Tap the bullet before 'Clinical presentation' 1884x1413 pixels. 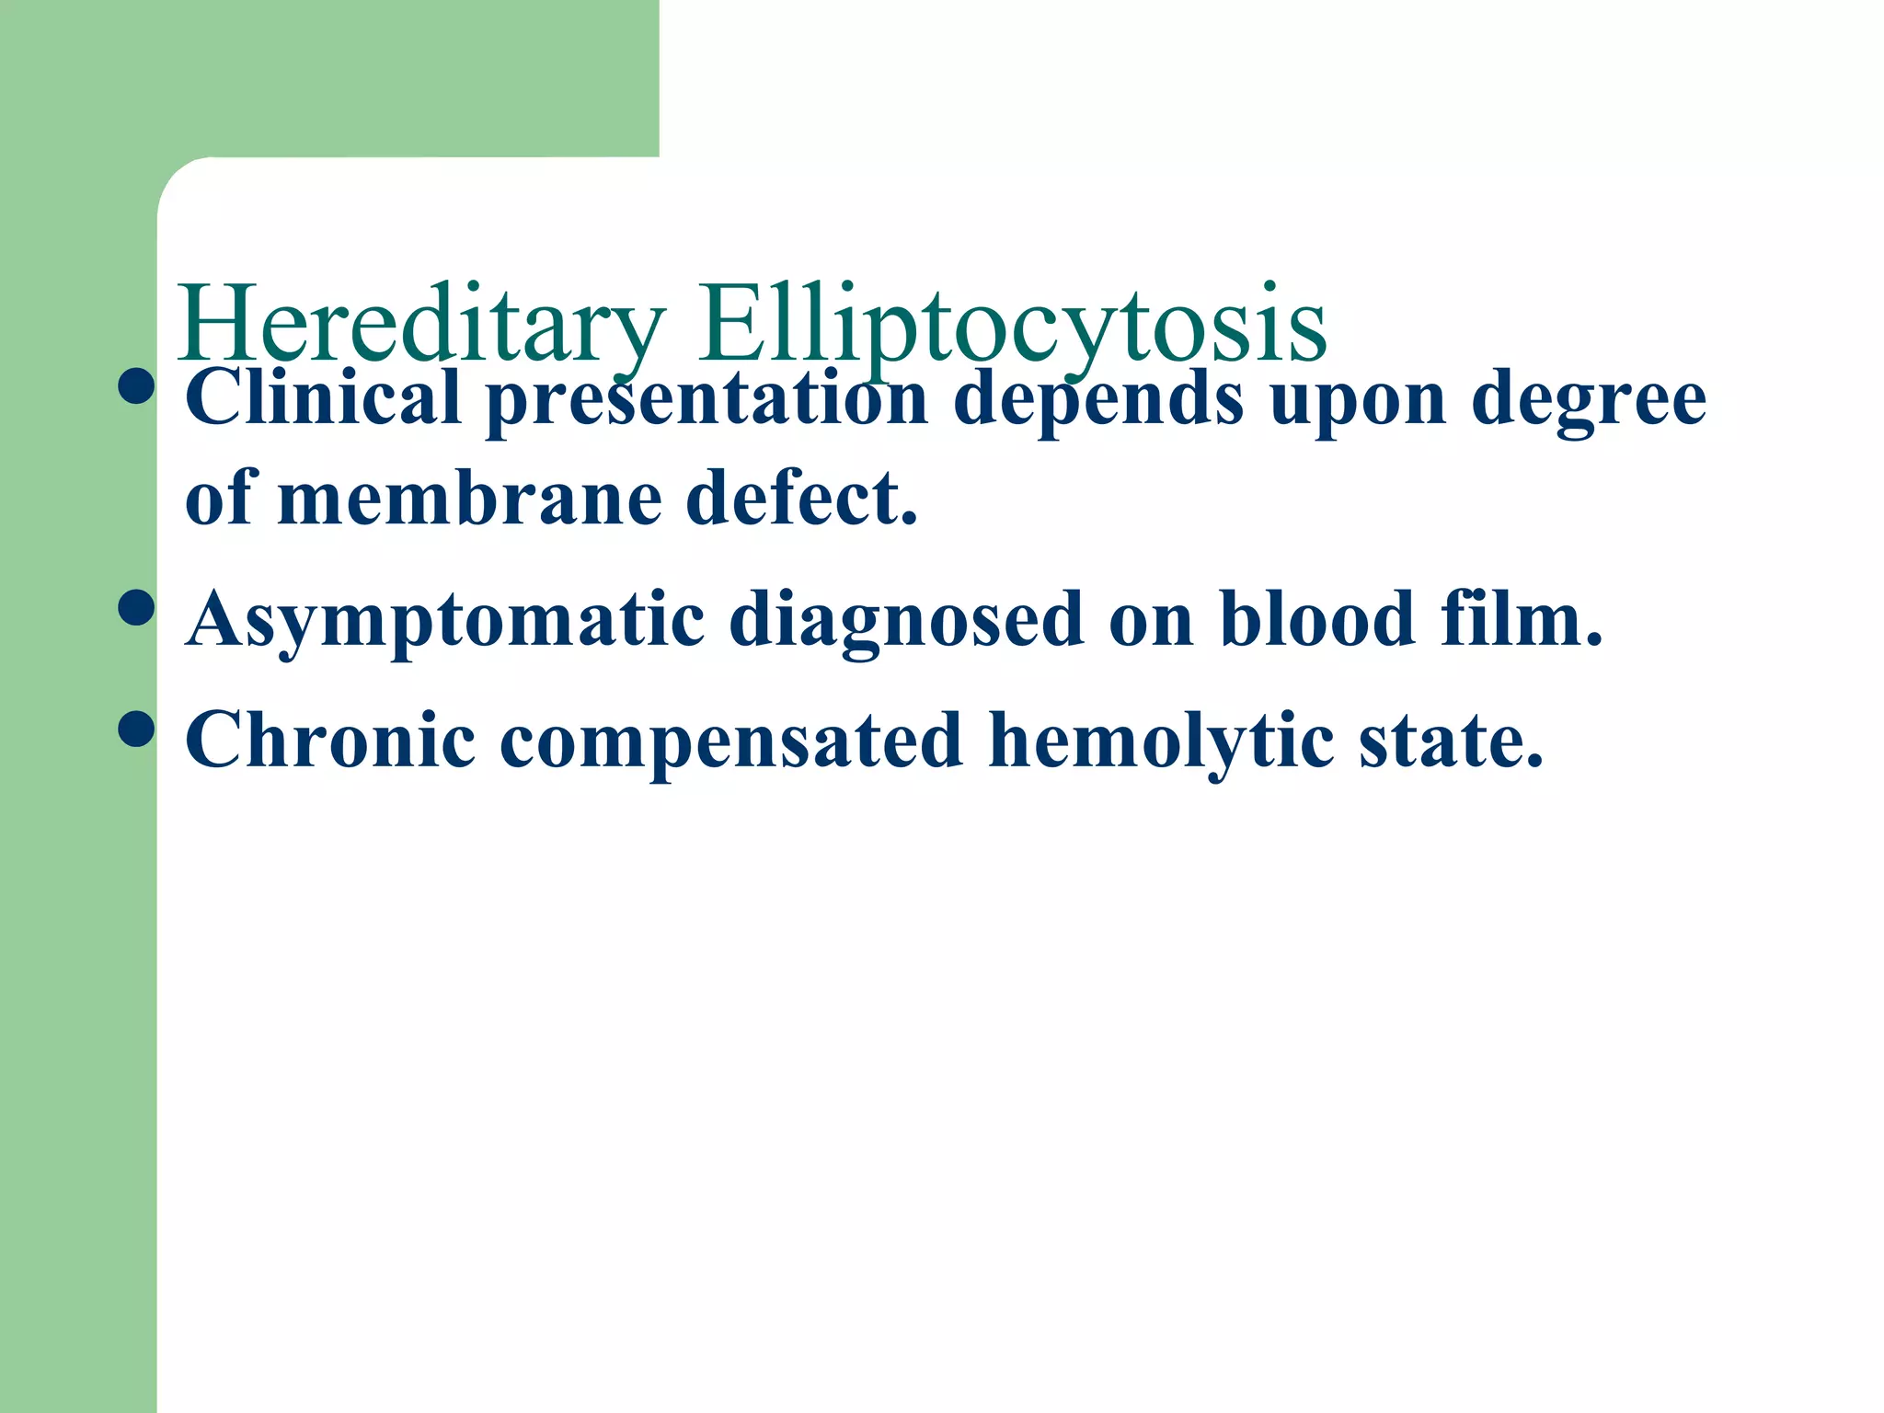136,385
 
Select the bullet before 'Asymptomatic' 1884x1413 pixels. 136,608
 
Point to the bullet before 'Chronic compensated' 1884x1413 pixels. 136,729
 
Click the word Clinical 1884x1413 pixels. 323,397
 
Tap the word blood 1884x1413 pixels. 1317,618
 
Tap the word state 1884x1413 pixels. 1451,741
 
